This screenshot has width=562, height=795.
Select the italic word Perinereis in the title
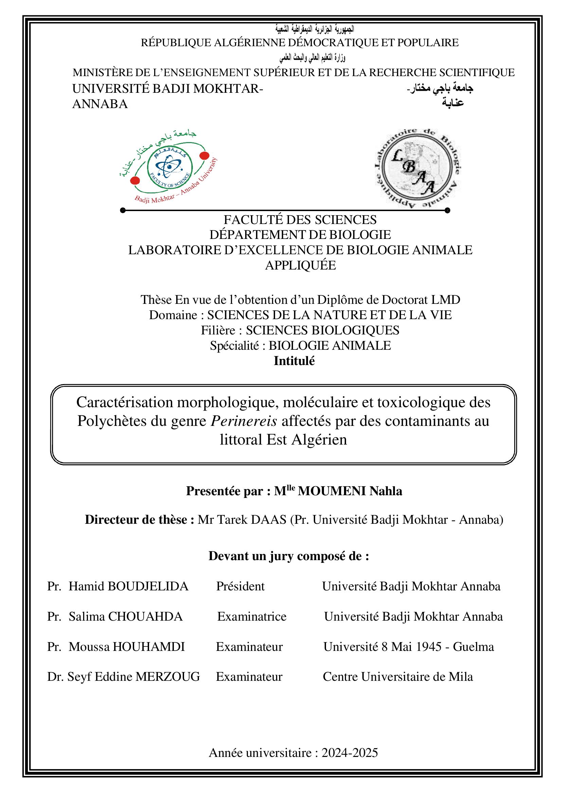tap(244, 421)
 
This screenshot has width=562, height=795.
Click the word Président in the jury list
tap(240, 586)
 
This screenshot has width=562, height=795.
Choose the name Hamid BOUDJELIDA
tap(128, 586)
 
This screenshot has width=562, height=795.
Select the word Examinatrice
tap(252, 616)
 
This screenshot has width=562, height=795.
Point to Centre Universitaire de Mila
tap(398, 676)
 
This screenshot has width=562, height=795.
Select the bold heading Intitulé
tap(294, 361)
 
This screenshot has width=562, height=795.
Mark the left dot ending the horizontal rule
tap(123, 210)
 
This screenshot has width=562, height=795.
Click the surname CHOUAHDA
tap(145, 616)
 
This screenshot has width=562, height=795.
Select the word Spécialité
tap(234, 346)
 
